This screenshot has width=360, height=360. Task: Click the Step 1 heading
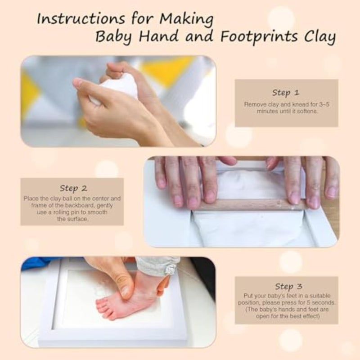(286, 93)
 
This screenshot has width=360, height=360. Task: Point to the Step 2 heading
(73, 188)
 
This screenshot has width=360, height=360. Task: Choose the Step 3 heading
(288, 286)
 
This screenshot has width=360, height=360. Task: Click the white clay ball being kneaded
(115, 90)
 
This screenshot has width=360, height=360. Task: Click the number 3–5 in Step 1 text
(324, 104)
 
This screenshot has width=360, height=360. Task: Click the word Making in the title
(186, 19)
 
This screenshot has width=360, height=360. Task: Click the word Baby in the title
(113, 37)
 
